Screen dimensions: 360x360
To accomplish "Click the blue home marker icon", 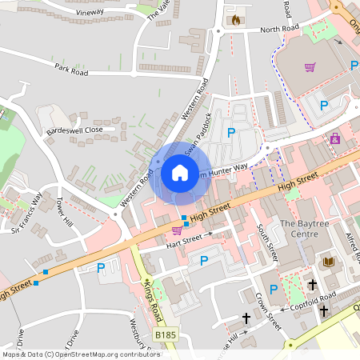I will pyautogui.click(x=180, y=172).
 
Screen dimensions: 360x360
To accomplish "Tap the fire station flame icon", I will pyautogui.click(x=234, y=20).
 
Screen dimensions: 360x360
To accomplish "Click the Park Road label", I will pyautogui.click(x=71, y=70).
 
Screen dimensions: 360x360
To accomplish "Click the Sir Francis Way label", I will pyautogui.click(x=26, y=210).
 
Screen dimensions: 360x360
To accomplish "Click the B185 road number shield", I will pyautogui.click(x=165, y=334).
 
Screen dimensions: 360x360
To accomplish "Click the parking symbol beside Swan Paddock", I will pyautogui.click(x=231, y=132).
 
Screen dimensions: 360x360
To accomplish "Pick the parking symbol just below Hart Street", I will pyautogui.click(x=204, y=260).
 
